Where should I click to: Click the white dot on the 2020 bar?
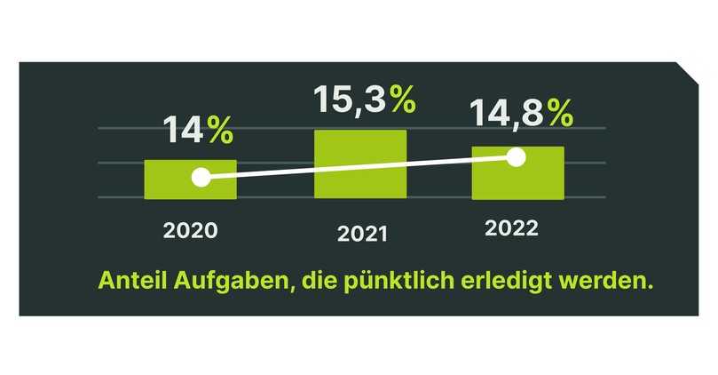(201, 177)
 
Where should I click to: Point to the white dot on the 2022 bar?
(517, 156)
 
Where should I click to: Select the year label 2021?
(362, 235)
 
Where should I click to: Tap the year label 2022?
(511, 228)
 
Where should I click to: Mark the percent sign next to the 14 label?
(220, 132)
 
